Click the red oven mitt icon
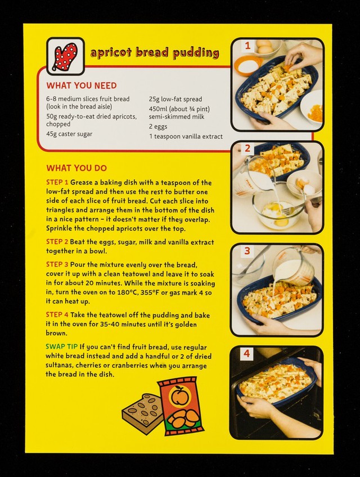coord(65,56)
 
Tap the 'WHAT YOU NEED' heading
coord(82,85)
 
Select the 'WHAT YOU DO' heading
coord(76,168)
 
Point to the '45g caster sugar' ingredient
coord(69,134)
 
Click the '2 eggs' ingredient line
coord(158,127)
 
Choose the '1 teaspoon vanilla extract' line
coord(186,136)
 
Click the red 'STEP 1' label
coord(57,182)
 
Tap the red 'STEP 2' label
coord(57,241)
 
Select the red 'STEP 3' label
coord(57,264)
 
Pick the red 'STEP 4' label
coord(57,314)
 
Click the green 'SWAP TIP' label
coord(61,346)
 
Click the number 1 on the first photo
coord(247,46)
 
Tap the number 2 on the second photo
coord(247,148)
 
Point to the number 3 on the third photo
coord(247,251)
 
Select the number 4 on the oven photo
coord(246,353)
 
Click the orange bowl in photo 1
coord(248,65)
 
